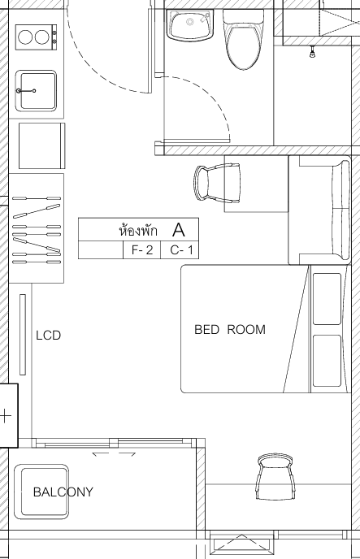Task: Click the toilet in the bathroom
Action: point(244,39)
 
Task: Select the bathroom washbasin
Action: point(190,25)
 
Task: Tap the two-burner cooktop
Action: point(36,37)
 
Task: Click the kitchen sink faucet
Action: point(26,91)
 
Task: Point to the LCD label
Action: point(49,335)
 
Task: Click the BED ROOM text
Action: point(230,329)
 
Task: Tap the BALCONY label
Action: point(63,492)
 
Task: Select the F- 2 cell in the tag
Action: point(142,250)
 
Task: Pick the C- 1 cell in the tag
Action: point(180,250)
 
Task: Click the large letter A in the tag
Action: point(179,230)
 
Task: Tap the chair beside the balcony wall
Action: point(275,477)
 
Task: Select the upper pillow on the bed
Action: point(327,299)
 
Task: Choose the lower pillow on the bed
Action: point(327,361)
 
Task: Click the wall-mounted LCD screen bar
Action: point(23,335)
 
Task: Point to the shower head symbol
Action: point(313,52)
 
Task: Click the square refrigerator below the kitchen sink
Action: point(42,145)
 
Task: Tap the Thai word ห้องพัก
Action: point(138,230)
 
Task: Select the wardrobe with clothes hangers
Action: point(37,228)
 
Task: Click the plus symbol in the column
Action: point(5,416)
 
